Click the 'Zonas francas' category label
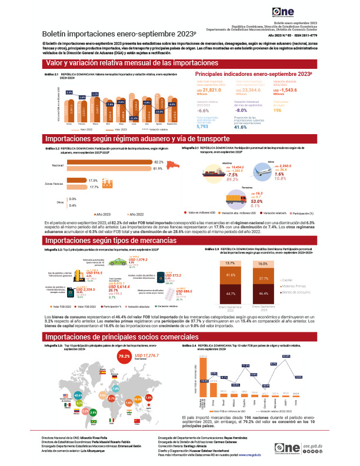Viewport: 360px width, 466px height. (x=54, y=184)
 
